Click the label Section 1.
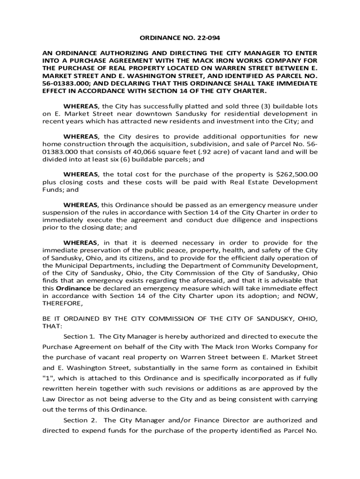click(79, 336)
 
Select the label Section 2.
click(79, 420)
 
